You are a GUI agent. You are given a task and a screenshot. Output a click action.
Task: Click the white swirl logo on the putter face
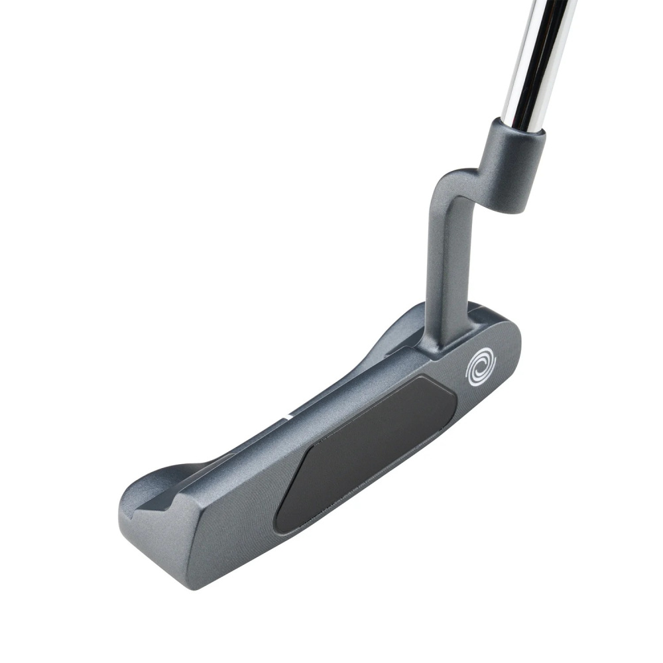[481, 369]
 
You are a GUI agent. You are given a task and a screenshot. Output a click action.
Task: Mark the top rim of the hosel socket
[518, 126]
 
